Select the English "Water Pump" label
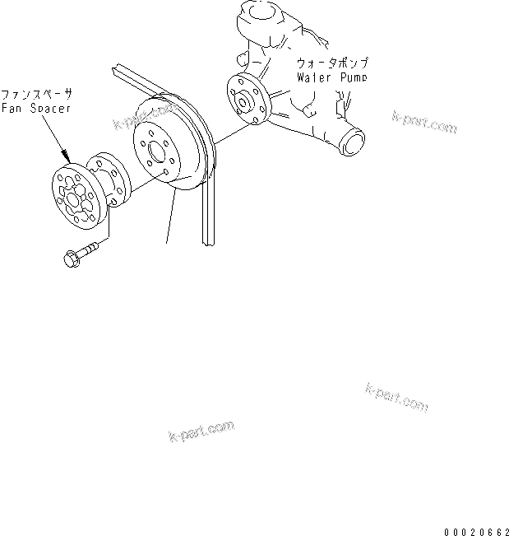pyautogui.click(x=331, y=77)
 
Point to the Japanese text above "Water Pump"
pyautogui.click(x=331, y=63)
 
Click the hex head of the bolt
pyautogui.click(x=71, y=258)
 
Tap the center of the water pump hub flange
pyautogui.click(x=246, y=100)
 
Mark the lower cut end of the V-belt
pyautogui.click(x=209, y=238)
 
